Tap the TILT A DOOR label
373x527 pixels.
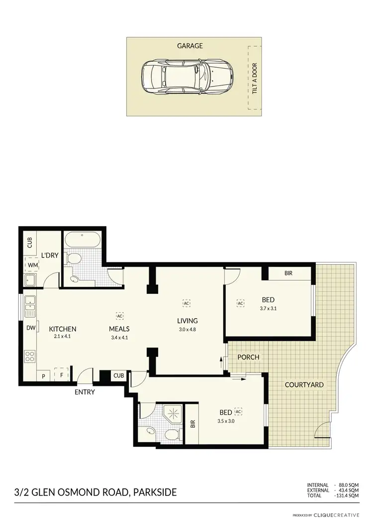tap(255, 79)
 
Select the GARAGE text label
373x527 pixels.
tap(190, 46)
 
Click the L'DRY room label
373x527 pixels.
tap(50, 256)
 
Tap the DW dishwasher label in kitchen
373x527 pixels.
tap(30, 328)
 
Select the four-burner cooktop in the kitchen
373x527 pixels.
tap(30, 356)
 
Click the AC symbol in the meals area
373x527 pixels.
tap(119, 315)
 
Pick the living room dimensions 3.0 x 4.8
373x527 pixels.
tap(187, 329)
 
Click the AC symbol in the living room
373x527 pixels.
tap(186, 302)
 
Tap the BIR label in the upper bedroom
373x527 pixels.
tap(288, 273)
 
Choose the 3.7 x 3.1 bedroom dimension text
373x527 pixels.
tap(268, 309)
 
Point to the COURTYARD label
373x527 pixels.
tap(304, 385)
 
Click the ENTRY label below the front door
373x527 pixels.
tap(85, 392)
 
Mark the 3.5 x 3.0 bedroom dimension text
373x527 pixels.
tap(225, 421)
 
